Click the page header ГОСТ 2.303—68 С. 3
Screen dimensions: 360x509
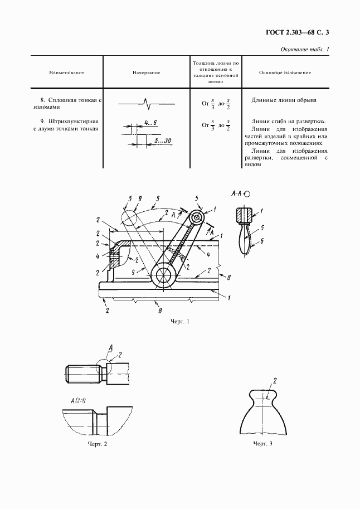[298, 32]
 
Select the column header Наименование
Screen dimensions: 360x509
[66, 72]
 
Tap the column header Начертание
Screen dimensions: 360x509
[147, 72]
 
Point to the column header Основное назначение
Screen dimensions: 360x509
[285, 72]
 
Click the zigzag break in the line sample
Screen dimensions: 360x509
[147, 104]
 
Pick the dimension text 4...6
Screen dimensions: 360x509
[150, 123]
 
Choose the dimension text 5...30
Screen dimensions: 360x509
[163, 141]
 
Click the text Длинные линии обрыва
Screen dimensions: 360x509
[284, 100]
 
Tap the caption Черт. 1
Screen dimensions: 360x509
[179, 321]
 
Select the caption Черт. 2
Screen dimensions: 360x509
[98, 444]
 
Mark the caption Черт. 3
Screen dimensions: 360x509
[262, 443]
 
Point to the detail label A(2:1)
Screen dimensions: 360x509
[78, 401]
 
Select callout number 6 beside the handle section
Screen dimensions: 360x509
[262, 241]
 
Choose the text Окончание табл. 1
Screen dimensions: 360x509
[305, 50]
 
